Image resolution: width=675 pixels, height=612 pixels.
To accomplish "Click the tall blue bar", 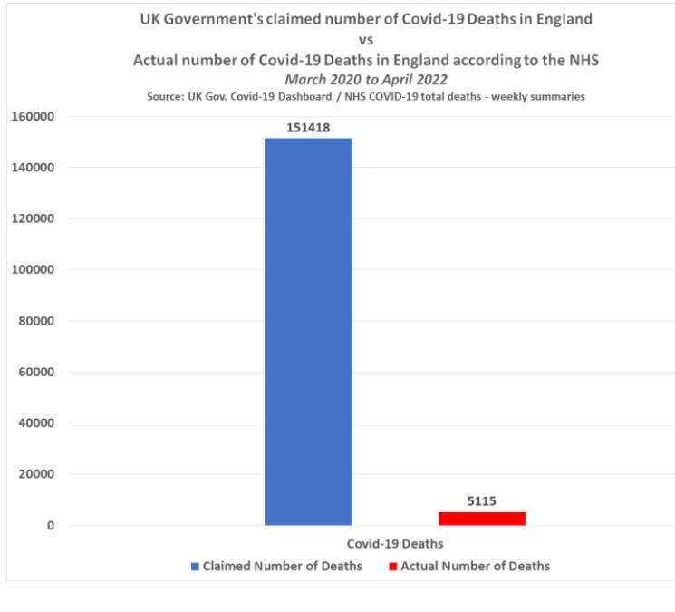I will pos(308,331).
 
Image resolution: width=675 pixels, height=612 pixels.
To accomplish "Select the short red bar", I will pos(481,519).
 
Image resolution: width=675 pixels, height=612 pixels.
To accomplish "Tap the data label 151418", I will pos(308,128).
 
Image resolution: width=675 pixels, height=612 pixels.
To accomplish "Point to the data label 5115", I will pos(481,500).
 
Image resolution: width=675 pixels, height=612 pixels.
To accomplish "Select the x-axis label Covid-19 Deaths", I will pos(395,544).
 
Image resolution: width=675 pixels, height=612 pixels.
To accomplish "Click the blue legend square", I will pos(195,567).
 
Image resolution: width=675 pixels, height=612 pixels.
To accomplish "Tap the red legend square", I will pos(394,567).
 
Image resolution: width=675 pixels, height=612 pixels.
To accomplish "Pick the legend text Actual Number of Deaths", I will pos(477,567).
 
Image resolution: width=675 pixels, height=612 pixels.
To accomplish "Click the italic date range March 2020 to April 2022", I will pos(366,79).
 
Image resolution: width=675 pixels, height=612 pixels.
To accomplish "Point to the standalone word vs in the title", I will pos(367,40).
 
